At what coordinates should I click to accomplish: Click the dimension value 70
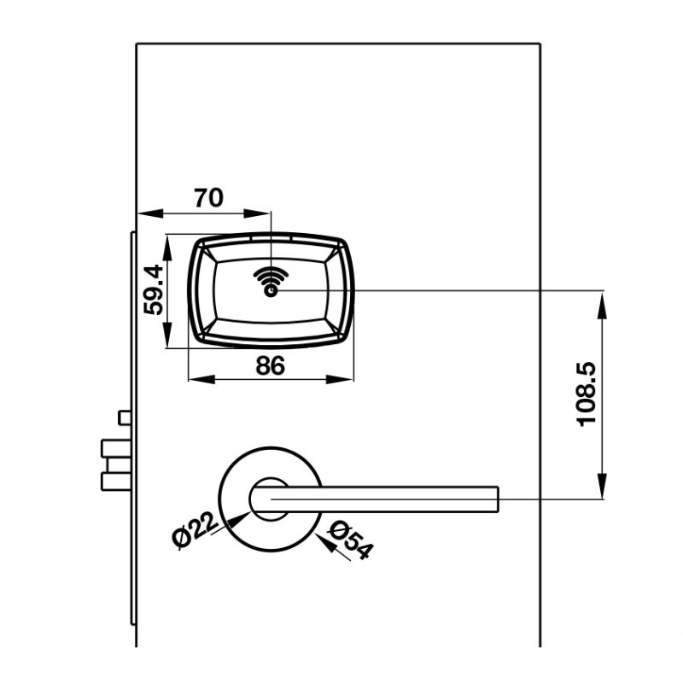(207, 198)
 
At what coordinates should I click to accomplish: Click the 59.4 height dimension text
(154, 290)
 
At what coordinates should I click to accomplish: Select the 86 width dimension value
(270, 365)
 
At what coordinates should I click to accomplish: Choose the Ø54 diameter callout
(349, 540)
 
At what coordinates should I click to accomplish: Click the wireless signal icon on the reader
(270, 281)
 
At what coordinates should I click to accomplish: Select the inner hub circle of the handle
(270, 499)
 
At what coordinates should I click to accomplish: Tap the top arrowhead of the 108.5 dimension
(604, 298)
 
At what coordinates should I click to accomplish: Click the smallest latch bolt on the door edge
(125, 417)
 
